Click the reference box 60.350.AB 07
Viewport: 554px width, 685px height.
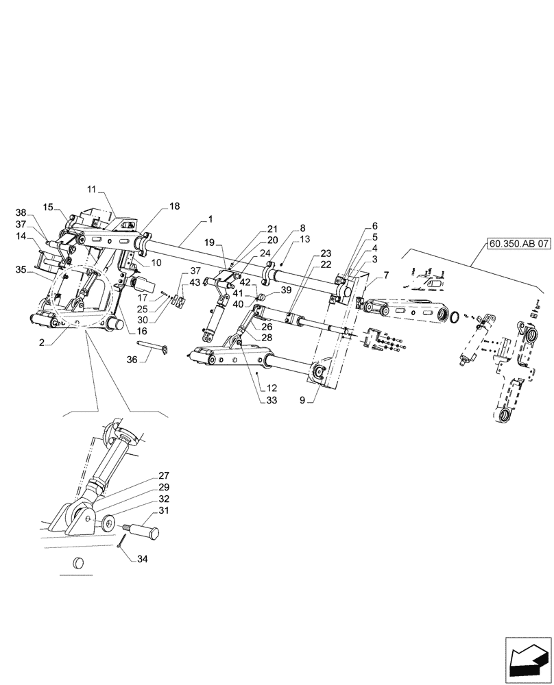(519, 243)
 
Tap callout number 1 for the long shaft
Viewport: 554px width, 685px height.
(210, 219)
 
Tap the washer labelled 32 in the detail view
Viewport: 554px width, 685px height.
(110, 525)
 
